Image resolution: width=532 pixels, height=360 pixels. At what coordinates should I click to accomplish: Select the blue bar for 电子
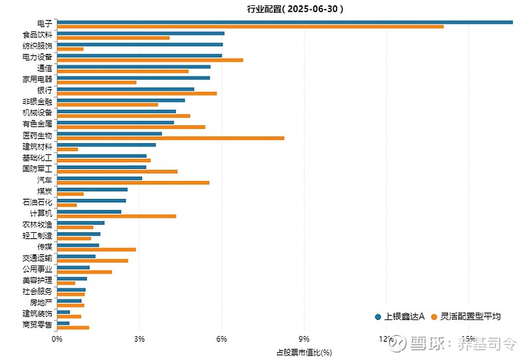[285, 22]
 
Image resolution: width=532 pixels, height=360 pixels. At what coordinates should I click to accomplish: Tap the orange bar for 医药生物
[170, 138]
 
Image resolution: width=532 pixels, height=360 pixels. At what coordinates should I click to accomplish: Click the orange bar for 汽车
[133, 182]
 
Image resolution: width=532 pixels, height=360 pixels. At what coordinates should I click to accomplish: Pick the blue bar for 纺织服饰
[140, 45]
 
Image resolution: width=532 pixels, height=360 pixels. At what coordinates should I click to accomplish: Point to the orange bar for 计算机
[116, 216]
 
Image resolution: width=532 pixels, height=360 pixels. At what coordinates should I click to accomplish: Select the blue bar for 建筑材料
[106, 144]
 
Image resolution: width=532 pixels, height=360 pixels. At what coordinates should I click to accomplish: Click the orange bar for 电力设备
[150, 60]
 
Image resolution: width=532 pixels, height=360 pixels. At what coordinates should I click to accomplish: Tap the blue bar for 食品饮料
[140, 33]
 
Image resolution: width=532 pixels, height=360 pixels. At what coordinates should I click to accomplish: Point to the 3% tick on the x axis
[140, 339]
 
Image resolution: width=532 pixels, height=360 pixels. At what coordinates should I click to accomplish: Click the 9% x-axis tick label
[305, 339]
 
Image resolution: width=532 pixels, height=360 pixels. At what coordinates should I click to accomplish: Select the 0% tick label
[57, 339]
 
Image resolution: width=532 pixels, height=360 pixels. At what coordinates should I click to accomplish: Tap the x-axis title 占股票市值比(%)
[304, 351]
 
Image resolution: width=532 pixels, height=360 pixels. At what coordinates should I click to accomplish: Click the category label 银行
[45, 90]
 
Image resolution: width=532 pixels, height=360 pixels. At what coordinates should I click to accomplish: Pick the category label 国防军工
[37, 168]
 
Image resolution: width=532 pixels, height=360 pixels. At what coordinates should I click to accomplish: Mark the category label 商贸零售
[37, 325]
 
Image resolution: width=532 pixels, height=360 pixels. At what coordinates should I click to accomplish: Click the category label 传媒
[45, 246]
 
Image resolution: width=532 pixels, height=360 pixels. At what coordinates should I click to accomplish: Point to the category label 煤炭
[45, 191]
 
